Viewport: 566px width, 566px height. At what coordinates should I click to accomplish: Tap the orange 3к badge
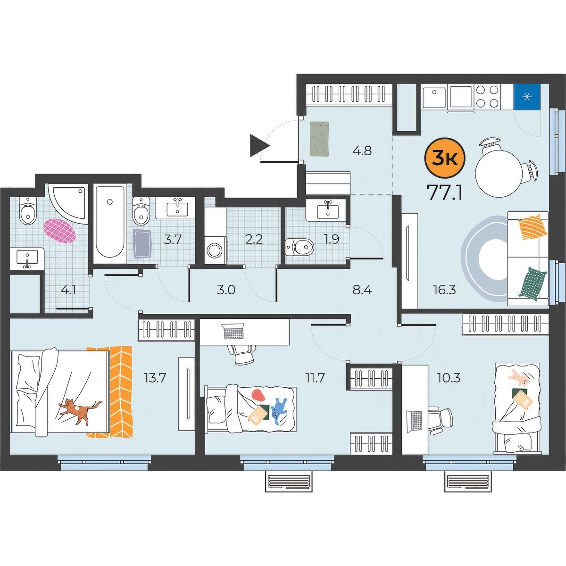(445, 159)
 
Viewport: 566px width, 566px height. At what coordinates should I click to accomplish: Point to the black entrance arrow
(259, 145)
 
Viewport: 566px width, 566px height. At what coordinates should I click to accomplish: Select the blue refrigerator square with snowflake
(527, 97)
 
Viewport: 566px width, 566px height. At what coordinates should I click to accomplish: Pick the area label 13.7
(155, 378)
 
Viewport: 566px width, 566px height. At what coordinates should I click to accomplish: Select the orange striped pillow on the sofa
(533, 227)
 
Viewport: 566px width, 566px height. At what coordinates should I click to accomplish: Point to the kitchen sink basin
(434, 97)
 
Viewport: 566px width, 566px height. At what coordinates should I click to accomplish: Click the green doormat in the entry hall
(320, 139)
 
